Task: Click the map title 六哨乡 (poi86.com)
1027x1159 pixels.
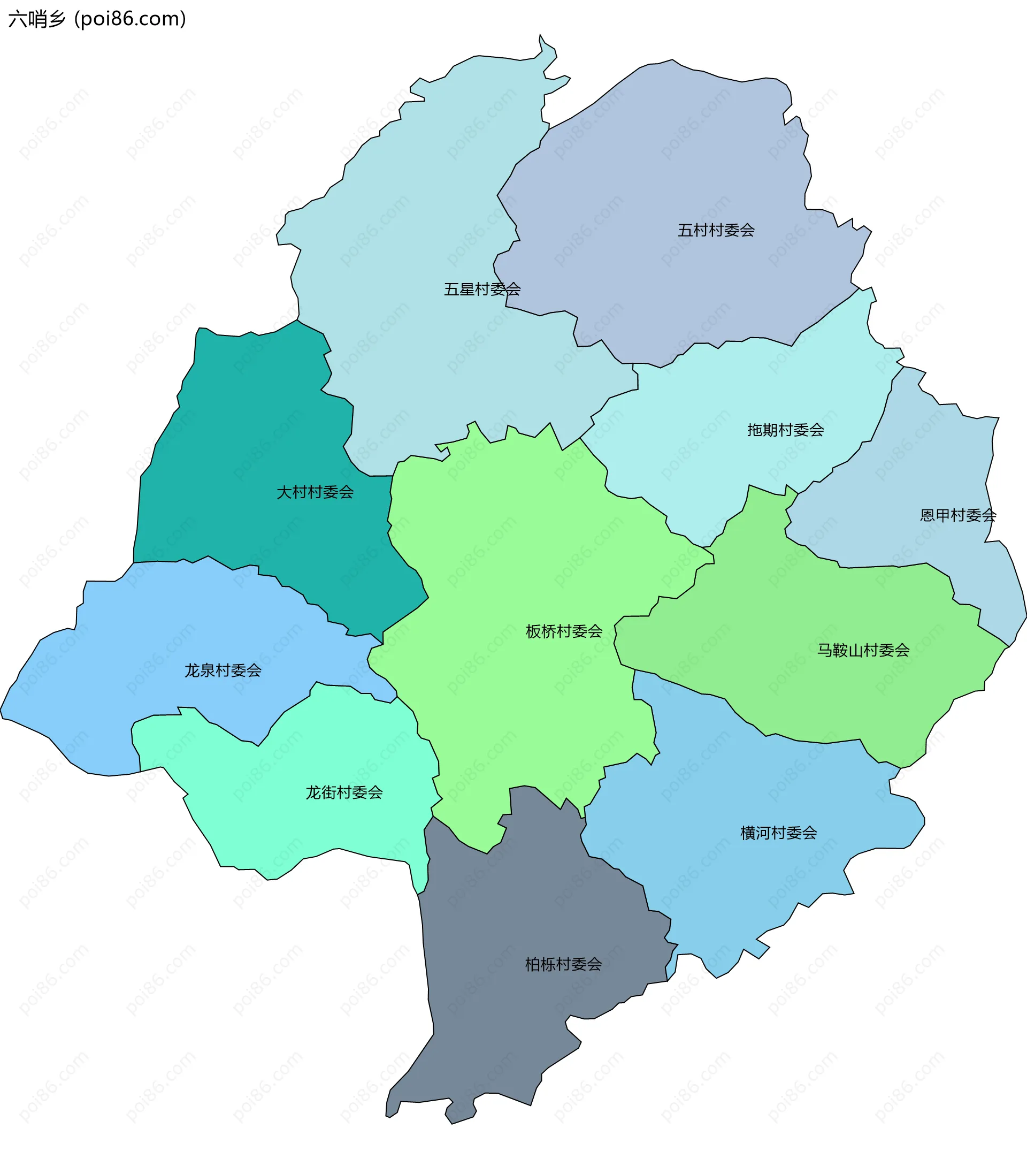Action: click(97, 19)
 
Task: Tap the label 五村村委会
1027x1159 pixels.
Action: click(716, 230)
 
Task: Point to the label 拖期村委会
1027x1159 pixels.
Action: click(785, 430)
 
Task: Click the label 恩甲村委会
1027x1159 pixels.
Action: click(957, 515)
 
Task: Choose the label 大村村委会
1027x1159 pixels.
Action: click(315, 492)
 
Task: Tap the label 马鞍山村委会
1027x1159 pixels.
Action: click(863, 650)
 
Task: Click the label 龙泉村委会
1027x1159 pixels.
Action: click(223, 670)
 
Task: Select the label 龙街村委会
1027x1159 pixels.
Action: click(344, 792)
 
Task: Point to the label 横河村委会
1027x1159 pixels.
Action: click(778, 833)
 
